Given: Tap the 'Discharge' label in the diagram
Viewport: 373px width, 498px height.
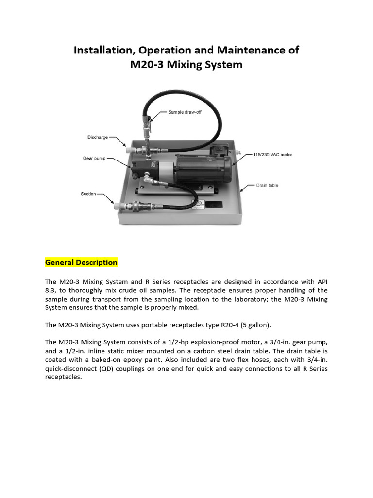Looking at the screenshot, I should (98, 137).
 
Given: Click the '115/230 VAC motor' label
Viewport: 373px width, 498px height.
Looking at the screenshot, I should (272, 155).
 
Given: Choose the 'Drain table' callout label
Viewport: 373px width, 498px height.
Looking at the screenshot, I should (267, 185).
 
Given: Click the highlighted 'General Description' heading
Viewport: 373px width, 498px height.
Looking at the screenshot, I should (81, 262).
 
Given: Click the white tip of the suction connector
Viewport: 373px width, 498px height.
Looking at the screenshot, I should (117, 208).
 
